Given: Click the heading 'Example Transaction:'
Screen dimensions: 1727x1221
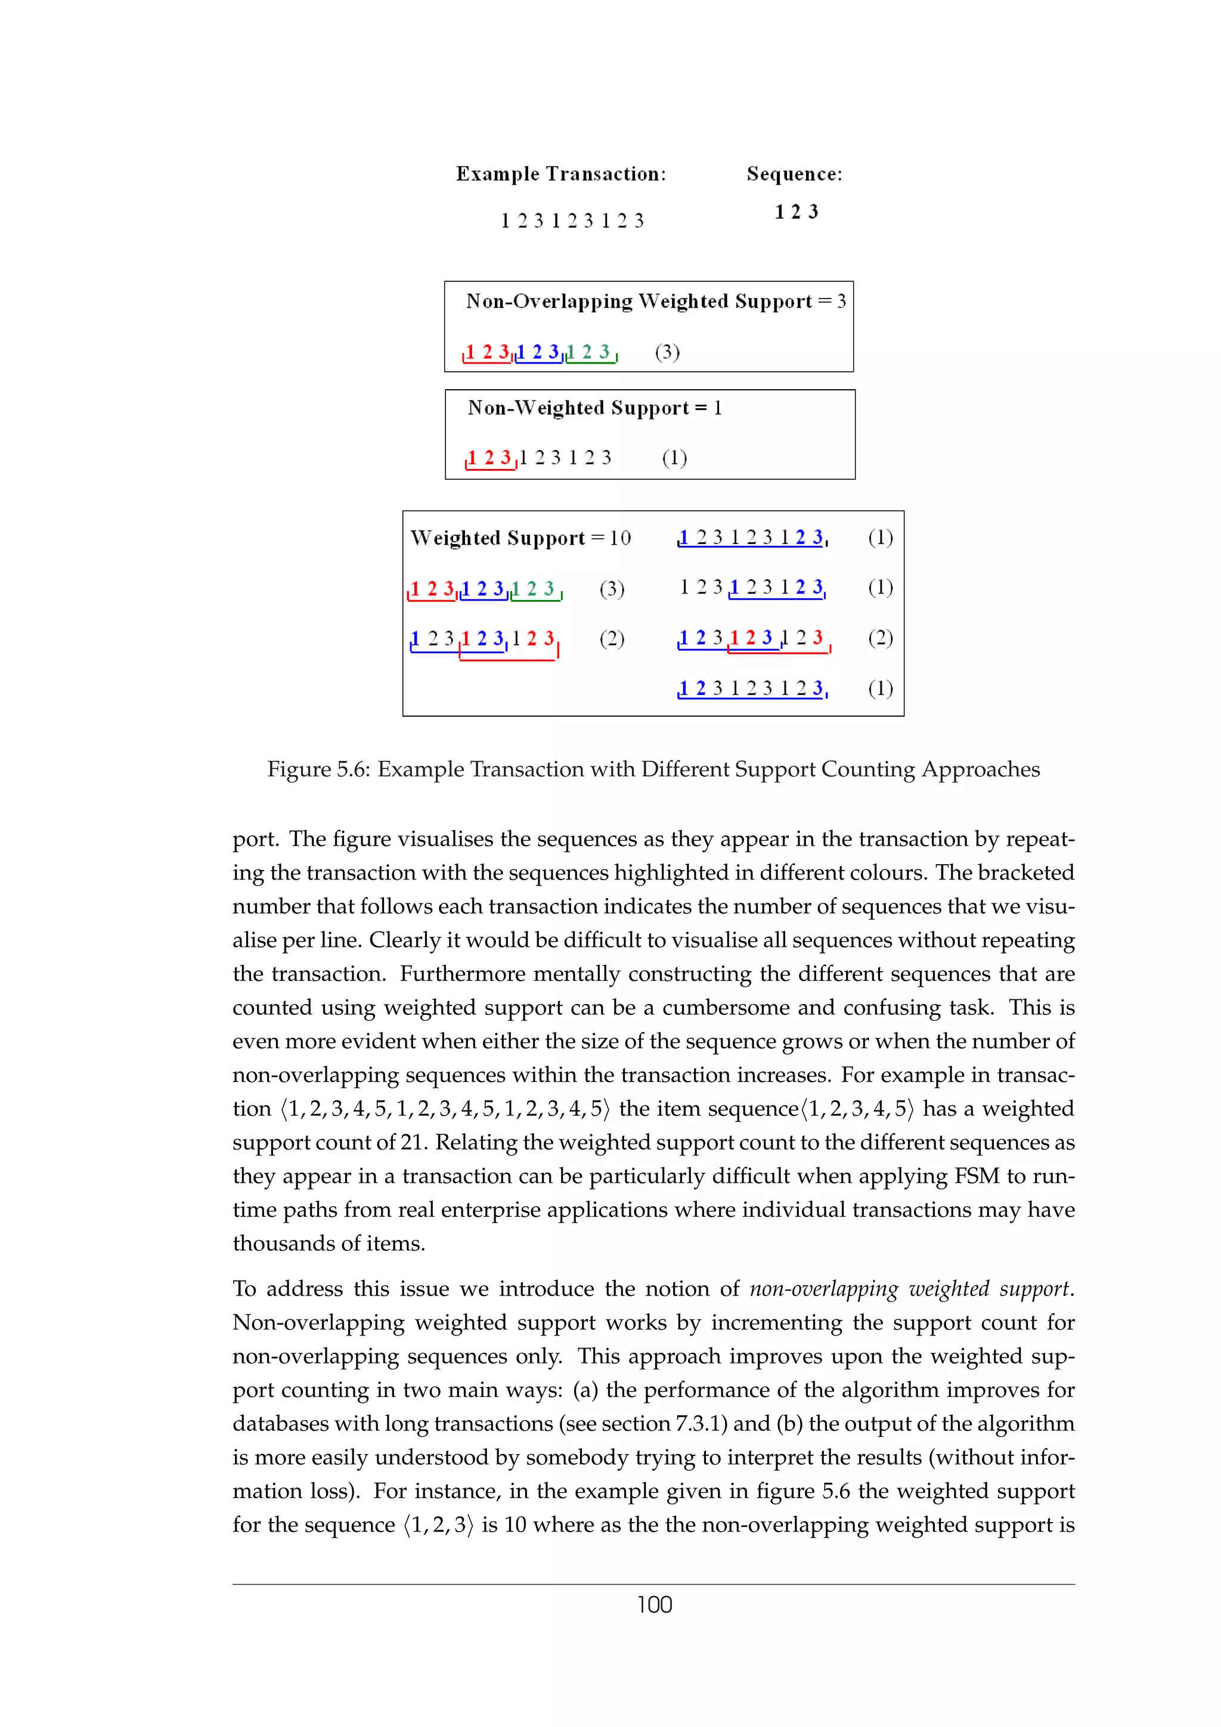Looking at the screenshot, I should (x=560, y=174).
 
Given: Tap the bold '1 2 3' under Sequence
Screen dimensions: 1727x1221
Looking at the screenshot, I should (x=796, y=212).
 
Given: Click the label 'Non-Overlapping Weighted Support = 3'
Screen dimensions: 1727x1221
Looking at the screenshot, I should (x=655, y=301).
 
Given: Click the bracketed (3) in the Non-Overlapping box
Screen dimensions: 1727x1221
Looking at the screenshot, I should (x=667, y=352).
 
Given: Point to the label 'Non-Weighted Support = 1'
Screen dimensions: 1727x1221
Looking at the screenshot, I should (x=594, y=408).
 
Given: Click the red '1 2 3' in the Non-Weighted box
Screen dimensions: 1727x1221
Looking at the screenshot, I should (x=489, y=457).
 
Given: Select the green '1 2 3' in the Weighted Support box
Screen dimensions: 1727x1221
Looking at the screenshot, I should (x=535, y=588).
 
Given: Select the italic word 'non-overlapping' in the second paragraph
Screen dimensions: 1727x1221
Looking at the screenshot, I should (x=823, y=1288).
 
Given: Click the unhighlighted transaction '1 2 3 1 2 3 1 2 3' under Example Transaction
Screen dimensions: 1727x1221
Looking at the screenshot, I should (x=572, y=220).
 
